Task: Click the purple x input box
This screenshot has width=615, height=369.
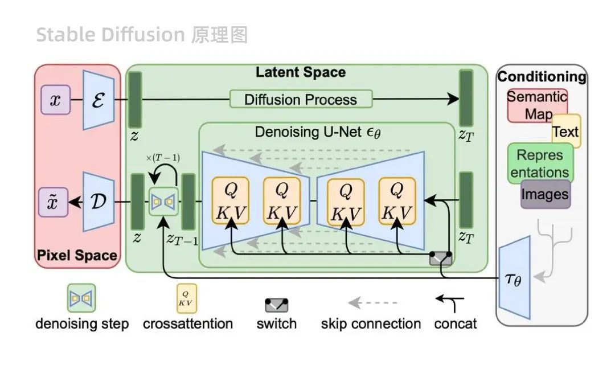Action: pos(55,101)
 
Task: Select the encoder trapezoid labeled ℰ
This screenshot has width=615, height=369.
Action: pos(99,100)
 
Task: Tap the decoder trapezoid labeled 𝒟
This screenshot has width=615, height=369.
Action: pos(99,202)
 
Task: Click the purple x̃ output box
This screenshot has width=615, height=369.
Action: pos(53,203)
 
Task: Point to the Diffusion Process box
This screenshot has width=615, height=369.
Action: pos(301,99)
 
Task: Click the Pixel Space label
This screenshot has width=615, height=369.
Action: pos(77,256)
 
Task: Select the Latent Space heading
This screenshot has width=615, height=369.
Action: pos(300,72)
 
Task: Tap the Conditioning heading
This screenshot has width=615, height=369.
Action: pos(542,76)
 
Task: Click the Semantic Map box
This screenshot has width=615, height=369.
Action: pos(537,105)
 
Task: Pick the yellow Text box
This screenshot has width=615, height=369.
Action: pos(566,132)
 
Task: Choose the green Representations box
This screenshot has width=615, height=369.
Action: pos(540,163)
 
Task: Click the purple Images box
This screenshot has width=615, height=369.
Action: pos(545,194)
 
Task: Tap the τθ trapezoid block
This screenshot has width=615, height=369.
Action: pos(514,278)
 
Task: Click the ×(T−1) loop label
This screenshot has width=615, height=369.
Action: pos(163,158)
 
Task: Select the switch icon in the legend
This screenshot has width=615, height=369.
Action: pos(277,305)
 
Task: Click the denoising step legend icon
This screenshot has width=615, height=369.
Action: pos(81,298)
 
